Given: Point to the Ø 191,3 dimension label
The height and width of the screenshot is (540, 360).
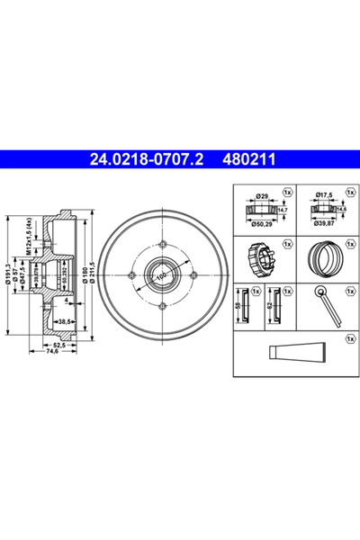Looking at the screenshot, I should [8, 270].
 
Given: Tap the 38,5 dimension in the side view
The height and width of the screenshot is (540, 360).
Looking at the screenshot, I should [64, 320].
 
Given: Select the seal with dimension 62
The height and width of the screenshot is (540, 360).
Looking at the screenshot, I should [277, 305].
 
